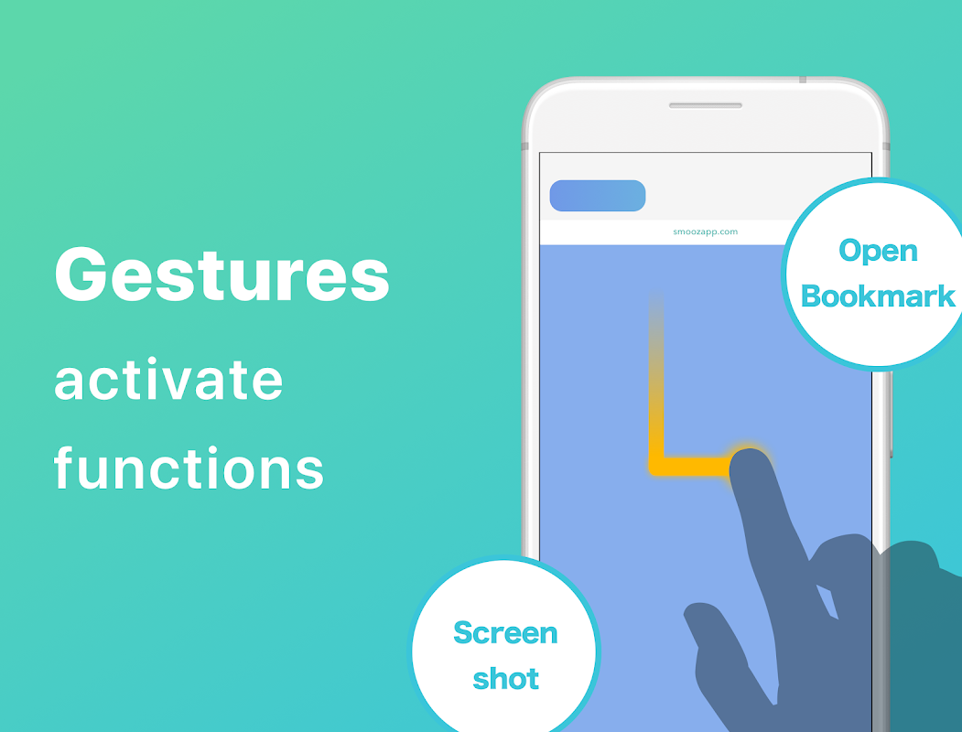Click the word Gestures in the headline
222,274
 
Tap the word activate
168,380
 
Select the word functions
189,468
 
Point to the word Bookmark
878,296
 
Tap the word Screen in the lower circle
505,632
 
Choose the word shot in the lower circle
505,678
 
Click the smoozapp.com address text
705,231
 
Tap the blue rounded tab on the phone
598,196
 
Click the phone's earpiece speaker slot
706,105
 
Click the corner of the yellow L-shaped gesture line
656,467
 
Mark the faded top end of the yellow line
656,296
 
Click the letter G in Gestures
81,274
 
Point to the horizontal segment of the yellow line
693,467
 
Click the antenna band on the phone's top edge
803,80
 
